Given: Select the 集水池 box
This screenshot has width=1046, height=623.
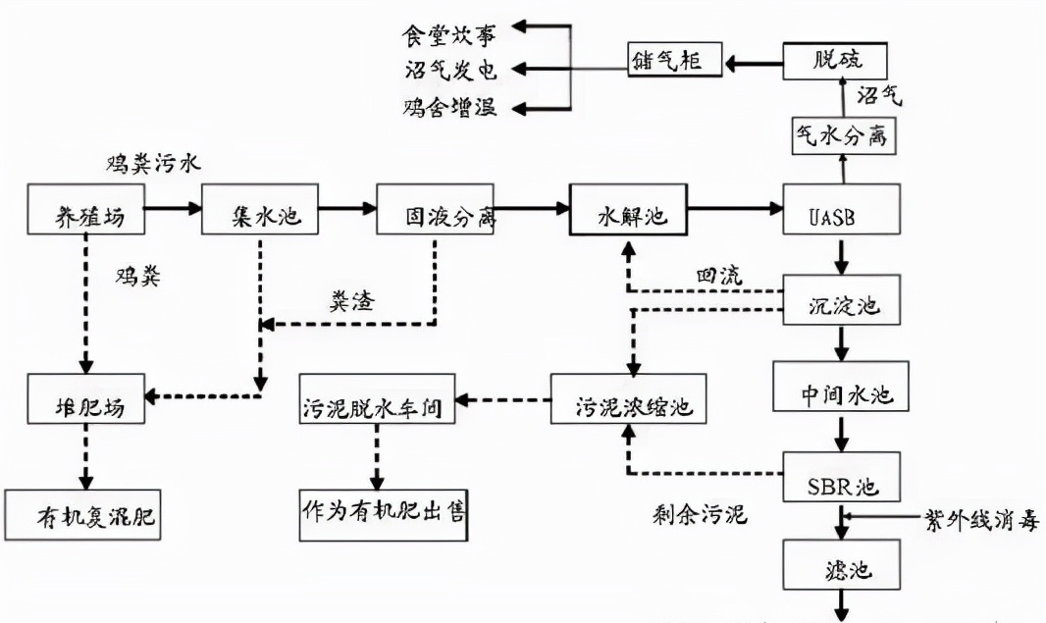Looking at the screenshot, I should [260, 209].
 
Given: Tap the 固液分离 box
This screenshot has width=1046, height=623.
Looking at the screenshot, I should [436, 209].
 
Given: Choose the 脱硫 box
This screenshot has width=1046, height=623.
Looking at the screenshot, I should [836, 61].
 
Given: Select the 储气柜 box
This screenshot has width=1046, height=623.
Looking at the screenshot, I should [676, 61].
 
